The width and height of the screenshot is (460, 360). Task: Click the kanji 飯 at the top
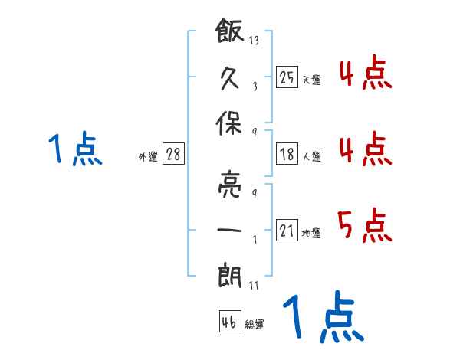click(x=230, y=31)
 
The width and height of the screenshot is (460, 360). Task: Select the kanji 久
click(x=229, y=77)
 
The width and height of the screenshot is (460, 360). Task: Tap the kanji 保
click(x=229, y=123)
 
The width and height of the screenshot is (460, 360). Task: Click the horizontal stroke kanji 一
click(x=229, y=230)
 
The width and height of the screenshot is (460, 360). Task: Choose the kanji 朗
click(x=230, y=276)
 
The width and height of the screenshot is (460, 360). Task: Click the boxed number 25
click(x=287, y=77)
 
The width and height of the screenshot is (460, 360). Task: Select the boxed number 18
click(x=287, y=154)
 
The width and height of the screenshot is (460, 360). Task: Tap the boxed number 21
click(x=287, y=230)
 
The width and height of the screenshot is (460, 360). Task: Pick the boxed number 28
click(x=173, y=154)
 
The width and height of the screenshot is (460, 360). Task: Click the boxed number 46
click(x=230, y=321)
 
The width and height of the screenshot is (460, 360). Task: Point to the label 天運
click(x=311, y=80)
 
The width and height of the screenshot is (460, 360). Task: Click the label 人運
click(x=311, y=156)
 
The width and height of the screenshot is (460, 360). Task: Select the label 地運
click(x=311, y=233)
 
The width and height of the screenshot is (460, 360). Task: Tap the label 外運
click(x=148, y=156)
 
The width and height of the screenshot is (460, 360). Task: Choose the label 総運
click(x=255, y=324)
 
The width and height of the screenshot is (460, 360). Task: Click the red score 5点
click(x=365, y=225)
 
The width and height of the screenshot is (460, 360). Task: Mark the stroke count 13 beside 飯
click(x=254, y=40)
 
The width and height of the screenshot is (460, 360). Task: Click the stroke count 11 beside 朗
click(x=254, y=285)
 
